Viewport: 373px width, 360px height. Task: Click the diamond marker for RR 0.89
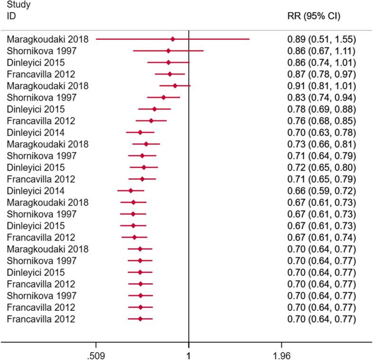[173, 39]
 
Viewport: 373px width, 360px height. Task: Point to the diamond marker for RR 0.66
[131, 191]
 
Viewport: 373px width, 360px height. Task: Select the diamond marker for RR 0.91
[175, 85]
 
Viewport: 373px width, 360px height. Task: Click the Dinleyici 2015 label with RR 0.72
[36, 167]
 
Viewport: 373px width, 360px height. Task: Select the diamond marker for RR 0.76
[151, 120]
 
